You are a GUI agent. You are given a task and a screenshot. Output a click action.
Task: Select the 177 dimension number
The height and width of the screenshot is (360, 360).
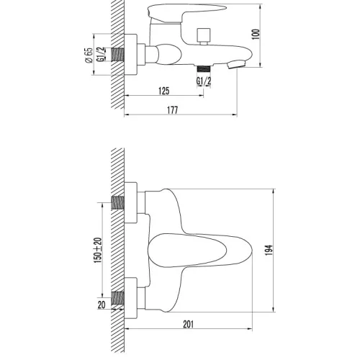coord(173,109)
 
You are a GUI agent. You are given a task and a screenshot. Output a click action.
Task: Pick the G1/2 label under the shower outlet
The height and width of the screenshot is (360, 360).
coord(204,80)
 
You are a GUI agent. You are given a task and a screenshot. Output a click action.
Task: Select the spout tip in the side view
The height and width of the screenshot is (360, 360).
coord(233,64)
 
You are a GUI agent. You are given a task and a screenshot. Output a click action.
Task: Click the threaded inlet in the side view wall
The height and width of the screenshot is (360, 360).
coord(118,53)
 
